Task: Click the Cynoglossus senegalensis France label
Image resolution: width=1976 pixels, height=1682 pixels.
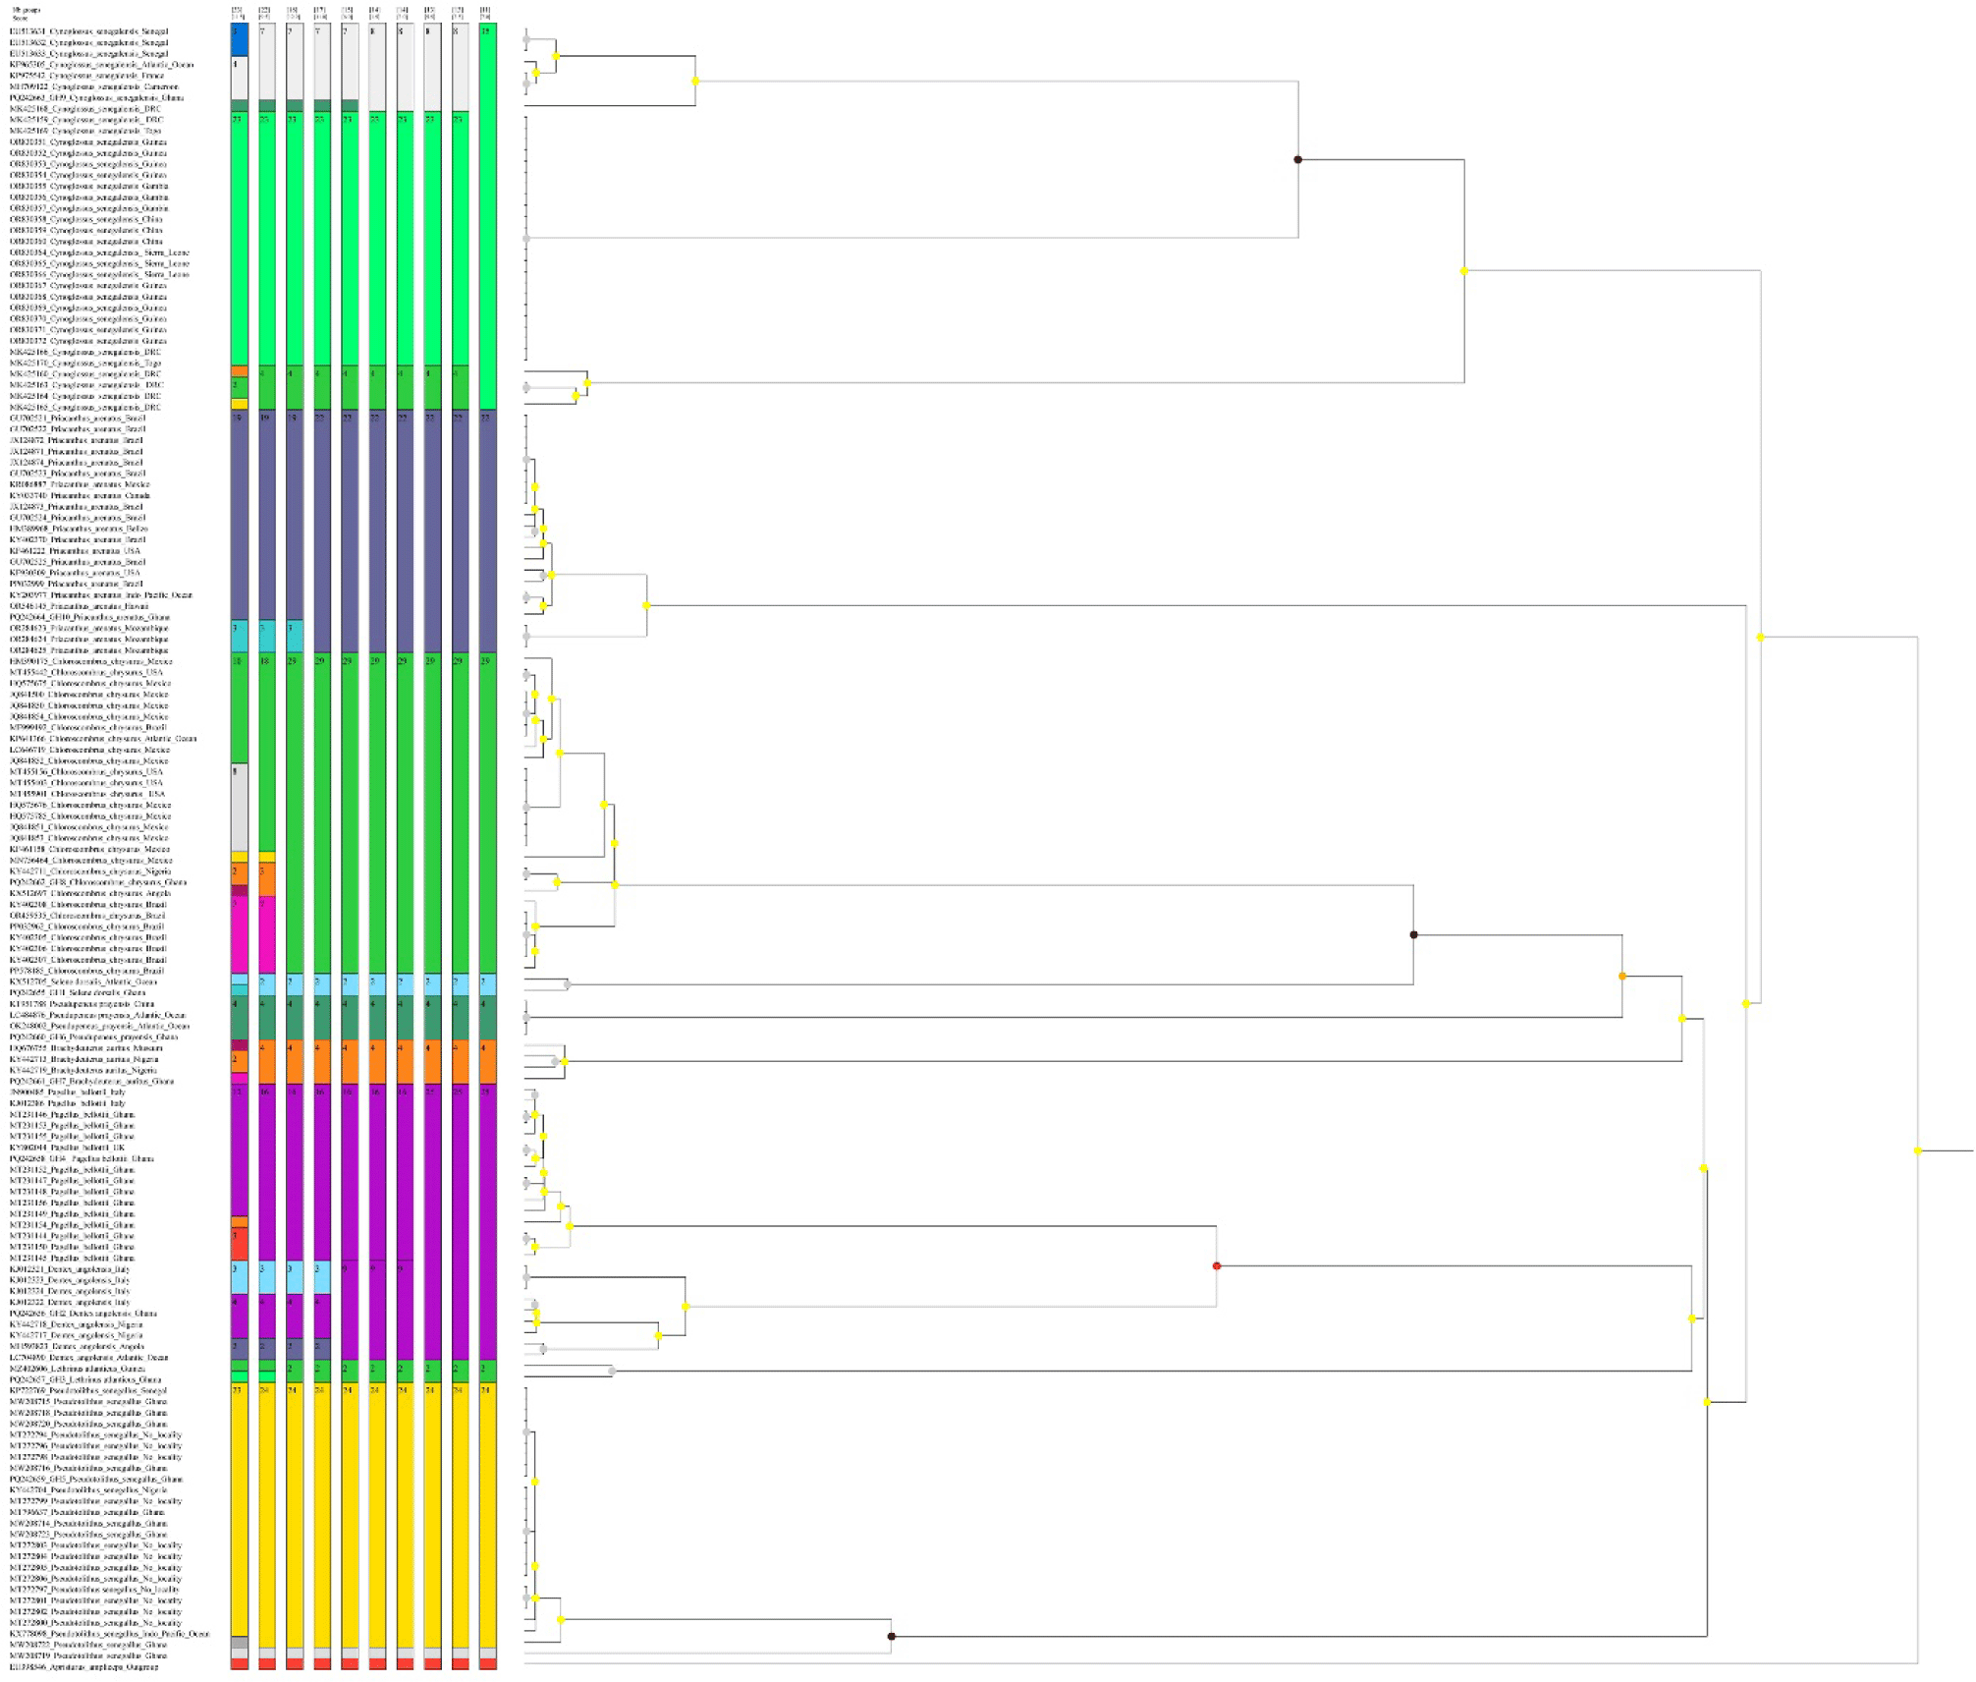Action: click(86, 76)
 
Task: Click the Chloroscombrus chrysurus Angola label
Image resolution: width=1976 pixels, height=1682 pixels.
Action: click(89, 893)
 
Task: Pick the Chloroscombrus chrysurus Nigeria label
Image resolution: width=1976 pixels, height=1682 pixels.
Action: click(89, 870)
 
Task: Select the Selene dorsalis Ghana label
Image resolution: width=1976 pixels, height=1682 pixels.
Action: click(78, 992)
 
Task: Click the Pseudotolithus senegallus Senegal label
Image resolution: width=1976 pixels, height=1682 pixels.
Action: click(88, 1390)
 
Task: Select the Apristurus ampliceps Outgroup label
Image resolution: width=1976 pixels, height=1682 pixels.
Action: click(83, 1666)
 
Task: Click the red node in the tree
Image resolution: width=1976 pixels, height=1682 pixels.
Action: click(1217, 1266)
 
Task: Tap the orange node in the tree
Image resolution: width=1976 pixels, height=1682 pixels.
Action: click(1622, 976)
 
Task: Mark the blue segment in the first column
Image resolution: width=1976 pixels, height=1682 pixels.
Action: click(239, 39)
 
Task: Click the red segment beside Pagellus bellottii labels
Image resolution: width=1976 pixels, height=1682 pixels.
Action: click(239, 1244)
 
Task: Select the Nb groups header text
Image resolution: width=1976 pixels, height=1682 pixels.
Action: click(26, 10)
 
